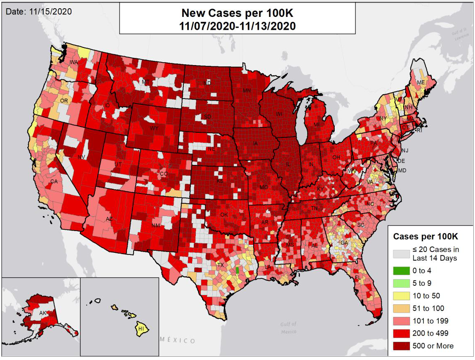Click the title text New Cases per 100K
(237, 14)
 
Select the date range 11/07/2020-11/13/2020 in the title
(237, 26)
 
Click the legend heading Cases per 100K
(425, 237)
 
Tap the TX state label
(220, 265)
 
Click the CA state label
(54, 181)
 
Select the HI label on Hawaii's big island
(141, 329)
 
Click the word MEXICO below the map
(178, 341)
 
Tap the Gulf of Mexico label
(288, 327)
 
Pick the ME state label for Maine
(421, 82)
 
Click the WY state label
(154, 128)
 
